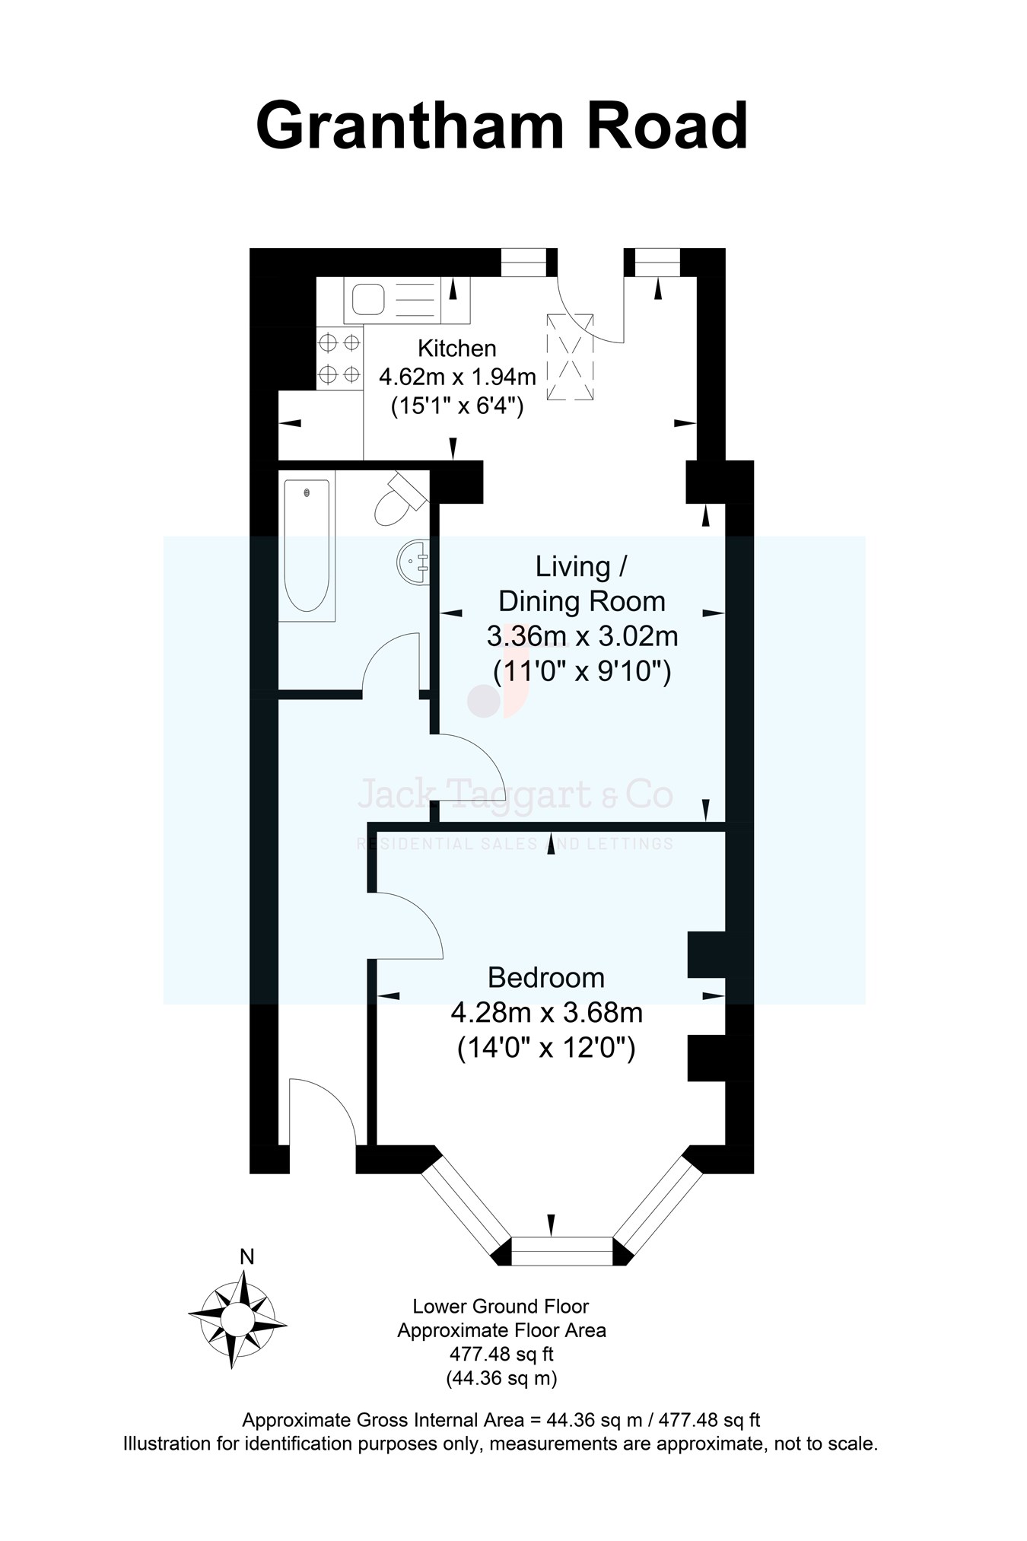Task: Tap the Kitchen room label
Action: coord(456,349)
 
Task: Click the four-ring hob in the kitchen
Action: coord(339,358)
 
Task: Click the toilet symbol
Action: coord(398,501)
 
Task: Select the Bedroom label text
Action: coord(545,978)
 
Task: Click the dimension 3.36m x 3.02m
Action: coord(582,636)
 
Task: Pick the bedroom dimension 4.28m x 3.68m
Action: coord(546,1014)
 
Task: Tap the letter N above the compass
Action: coord(246,1257)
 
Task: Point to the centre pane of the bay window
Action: coord(561,1250)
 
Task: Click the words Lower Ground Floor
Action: coord(501,1307)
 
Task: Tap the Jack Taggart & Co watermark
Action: coord(515,795)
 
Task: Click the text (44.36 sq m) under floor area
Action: coord(501,1378)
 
